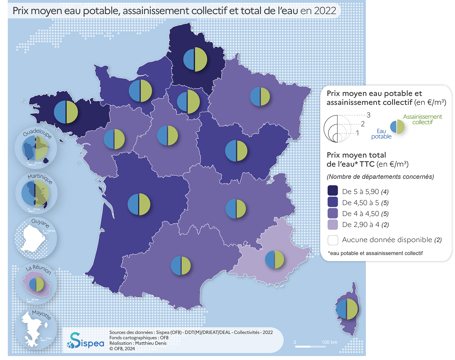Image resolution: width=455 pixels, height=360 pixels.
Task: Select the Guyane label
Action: (39, 223)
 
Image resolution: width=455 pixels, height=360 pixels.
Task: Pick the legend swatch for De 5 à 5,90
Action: (333, 191)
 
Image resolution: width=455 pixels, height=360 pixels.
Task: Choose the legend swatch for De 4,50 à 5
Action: (333, 202)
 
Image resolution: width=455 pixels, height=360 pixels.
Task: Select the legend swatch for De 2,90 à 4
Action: (333, 224)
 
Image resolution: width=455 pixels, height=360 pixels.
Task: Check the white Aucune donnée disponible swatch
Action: (333, 240)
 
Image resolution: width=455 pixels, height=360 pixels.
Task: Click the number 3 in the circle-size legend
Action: (368, 115)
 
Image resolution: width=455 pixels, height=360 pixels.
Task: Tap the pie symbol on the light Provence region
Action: (275, 260)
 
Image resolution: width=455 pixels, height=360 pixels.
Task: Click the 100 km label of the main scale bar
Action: (329, 342)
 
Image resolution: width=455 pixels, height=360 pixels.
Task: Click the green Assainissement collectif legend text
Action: (422, 119)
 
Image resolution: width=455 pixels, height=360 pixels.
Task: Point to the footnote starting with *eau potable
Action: (375, 253)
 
